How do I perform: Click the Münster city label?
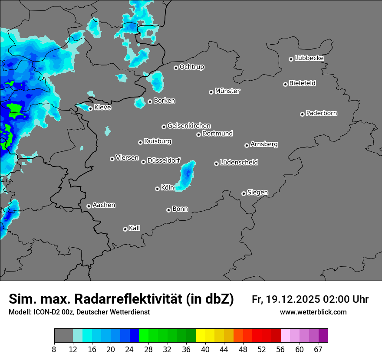(227, 91)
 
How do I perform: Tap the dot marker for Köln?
(157, 189)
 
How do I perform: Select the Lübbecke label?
(309, 58)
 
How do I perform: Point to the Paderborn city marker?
(302, 114)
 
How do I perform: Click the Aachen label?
(104, 205)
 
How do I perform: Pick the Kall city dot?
(125, 229)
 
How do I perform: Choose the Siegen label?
(257, 193)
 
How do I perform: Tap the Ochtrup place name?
(191, 67)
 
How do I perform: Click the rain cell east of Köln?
(187, 176)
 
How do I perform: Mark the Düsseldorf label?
(164, 160)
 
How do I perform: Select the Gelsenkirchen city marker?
(164, 127)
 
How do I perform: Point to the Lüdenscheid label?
(239, 163)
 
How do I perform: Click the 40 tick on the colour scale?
(205, 349)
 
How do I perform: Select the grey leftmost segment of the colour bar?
(63, 336)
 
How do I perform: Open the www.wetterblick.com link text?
(313, 312)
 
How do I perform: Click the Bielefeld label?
(302, 83)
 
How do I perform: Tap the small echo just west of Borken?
(139, 103)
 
